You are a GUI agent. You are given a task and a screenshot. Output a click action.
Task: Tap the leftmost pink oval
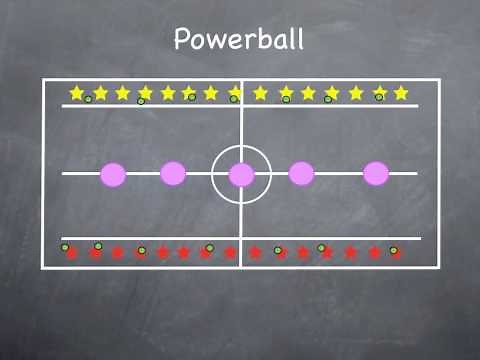coord(114,174)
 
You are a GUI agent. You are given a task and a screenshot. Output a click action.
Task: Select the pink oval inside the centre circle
coord(241,175)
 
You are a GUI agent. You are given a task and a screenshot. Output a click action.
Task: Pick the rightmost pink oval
coord(376,173)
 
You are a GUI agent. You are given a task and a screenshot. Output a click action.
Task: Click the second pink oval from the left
coord(173,173)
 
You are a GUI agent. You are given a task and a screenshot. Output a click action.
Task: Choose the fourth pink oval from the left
coord(301,173)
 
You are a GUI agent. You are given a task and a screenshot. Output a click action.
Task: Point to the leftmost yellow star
coord(77,93)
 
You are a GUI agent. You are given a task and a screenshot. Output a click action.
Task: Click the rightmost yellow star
coord(401,93)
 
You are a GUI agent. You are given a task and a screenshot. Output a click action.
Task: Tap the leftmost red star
coord(72,253)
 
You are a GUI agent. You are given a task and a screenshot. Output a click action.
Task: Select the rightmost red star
coord(397,254)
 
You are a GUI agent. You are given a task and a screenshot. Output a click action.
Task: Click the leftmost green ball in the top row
coord(88,99)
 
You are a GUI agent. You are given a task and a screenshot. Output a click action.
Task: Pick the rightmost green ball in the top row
coord(379,97)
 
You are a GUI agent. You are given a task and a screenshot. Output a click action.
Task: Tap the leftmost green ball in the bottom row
coord(65,247)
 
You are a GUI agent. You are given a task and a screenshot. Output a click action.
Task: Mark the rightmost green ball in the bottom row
coord(393,250)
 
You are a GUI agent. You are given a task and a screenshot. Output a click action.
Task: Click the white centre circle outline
coord(241,147)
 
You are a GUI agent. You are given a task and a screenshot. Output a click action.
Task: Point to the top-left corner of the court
coord(43,80)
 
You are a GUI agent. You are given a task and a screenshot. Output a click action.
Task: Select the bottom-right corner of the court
coord(439,267)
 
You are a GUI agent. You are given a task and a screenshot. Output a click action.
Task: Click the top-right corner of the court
coord(439,80)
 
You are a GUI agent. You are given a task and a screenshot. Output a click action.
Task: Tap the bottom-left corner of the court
coord(43,267)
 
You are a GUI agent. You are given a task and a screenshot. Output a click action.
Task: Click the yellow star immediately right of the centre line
coord(260,93)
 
